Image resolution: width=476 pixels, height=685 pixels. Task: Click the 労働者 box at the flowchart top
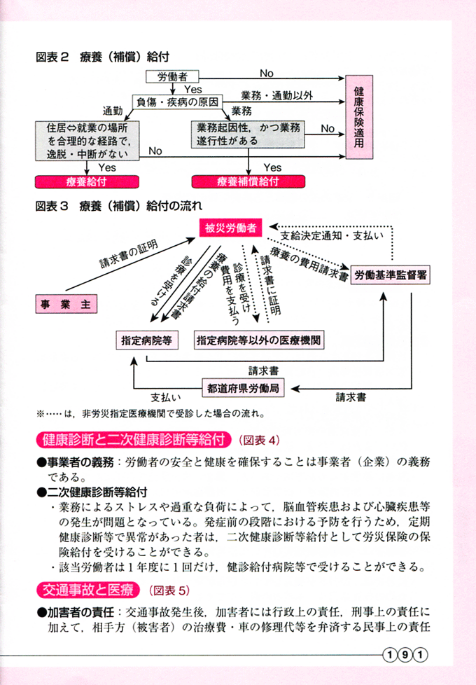172,76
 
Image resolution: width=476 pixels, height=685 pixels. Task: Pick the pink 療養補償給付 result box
248,181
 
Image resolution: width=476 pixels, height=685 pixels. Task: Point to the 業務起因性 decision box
248,134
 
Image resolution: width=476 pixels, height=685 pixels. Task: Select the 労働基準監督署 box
391,275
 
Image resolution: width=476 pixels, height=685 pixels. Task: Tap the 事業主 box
66,304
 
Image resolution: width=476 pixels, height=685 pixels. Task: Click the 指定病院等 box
146,340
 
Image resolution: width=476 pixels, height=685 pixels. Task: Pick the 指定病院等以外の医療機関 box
258,340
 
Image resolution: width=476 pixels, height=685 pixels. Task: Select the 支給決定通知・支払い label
331,235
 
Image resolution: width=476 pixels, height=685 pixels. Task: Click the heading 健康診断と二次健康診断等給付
134,441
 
